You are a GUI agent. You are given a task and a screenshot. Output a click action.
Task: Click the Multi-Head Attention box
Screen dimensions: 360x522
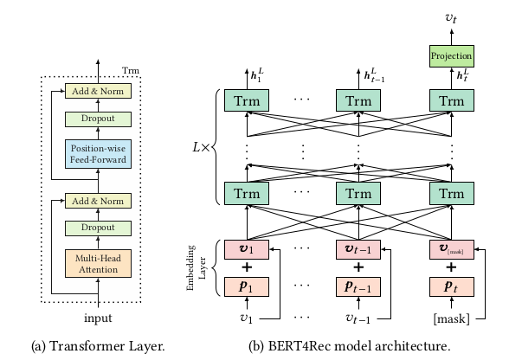(98, 263)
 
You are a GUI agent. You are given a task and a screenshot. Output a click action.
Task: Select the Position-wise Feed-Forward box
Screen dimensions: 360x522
(98, 153)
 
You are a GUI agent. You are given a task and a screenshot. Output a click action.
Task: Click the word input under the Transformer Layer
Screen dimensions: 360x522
(97, 317)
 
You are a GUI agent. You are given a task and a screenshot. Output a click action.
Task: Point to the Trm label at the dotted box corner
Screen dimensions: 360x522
(130, 69)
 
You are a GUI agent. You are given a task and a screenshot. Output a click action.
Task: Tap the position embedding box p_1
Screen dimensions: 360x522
(247, 285)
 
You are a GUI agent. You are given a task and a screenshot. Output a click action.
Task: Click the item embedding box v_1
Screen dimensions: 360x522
(247, 249)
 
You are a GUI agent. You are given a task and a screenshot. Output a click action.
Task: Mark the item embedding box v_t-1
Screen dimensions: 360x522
(358, 249)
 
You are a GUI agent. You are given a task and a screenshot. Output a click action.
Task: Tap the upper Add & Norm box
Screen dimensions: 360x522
(98, 90)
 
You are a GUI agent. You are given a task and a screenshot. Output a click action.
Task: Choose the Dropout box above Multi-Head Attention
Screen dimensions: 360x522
(98, 228)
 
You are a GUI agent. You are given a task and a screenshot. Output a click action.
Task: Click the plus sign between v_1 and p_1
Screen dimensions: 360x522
(247, 267)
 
